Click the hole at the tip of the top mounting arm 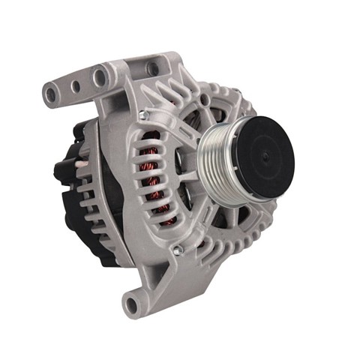pyautogui.click(x=52, y=95)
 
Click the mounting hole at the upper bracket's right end pyautogui.click(x=154, y=68)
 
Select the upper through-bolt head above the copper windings pyautogui.click(x=141, y=114)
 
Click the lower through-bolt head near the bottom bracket pyautogui.click(x=176, y=250)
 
